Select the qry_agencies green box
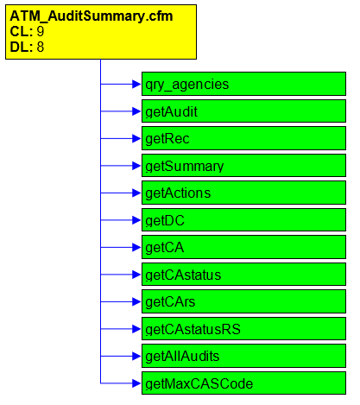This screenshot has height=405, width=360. click(243, 84)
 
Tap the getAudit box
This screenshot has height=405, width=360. click(243, 111)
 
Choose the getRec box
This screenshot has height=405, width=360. click(243, 138)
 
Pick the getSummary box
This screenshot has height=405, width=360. click(243, 165)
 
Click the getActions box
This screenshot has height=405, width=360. click(243, 193)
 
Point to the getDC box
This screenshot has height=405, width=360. click(243, 220)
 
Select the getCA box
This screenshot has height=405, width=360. click(243, 247)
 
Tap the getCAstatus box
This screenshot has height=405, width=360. click(243, 275)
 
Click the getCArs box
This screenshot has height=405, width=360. click(243, 301)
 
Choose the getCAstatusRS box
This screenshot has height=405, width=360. click(243, 329)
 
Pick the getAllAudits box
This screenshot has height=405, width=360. click(243, 356)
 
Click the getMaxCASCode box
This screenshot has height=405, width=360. click(243, 383)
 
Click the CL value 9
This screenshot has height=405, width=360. click(41, 31)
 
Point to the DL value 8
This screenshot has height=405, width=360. click(41, 47)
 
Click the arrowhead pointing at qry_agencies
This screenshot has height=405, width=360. click(136, 84)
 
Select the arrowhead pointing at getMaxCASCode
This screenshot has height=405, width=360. click(136, 383)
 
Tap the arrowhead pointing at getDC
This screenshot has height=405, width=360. click(136, 220)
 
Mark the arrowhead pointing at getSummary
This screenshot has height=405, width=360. click(136, 165)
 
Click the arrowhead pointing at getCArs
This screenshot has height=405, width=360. click(136, 301)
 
